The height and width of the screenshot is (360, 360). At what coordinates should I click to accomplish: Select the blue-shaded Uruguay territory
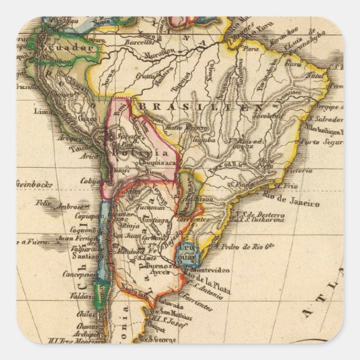tap(194, 254)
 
